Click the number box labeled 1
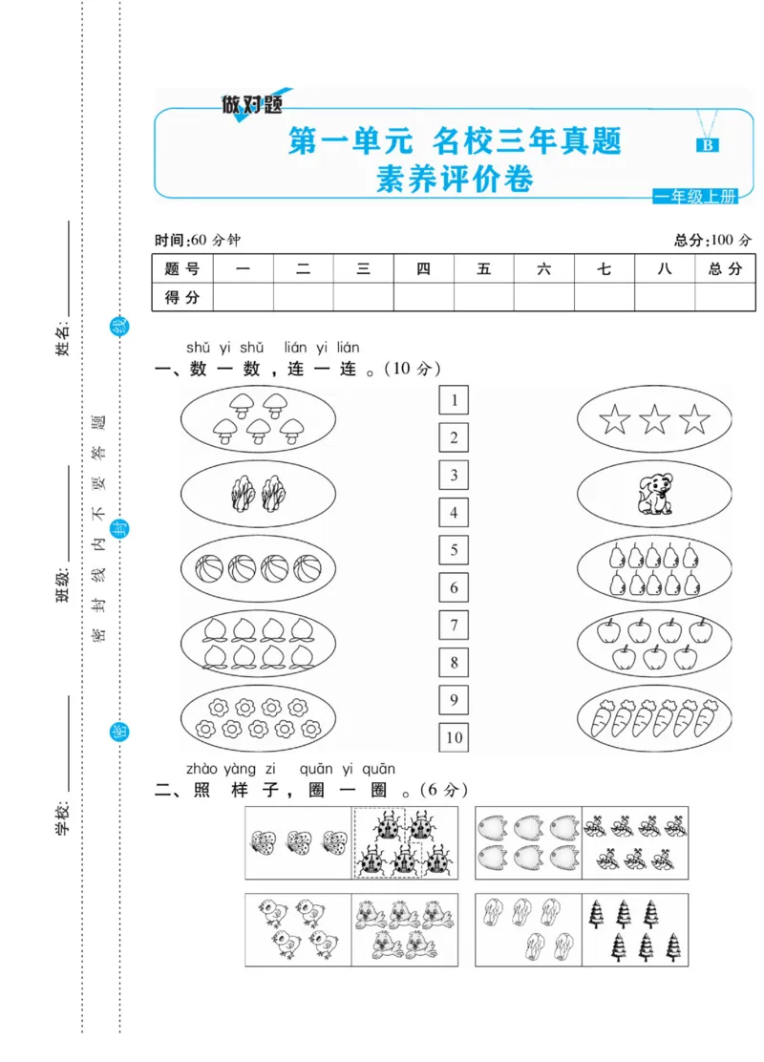[454, 400]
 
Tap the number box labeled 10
[454, 737]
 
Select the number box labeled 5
[454, 550]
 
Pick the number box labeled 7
[454, 626]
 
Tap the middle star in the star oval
[655, 419]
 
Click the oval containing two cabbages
[258, 494]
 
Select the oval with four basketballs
[258, 569]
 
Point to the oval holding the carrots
[655, 720]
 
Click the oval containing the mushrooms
[258, 419]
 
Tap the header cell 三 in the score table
[363, 269]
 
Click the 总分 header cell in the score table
[725, 269]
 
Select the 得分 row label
[182, 297]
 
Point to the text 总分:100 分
[712, 240]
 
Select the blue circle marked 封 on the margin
[120, 528]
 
